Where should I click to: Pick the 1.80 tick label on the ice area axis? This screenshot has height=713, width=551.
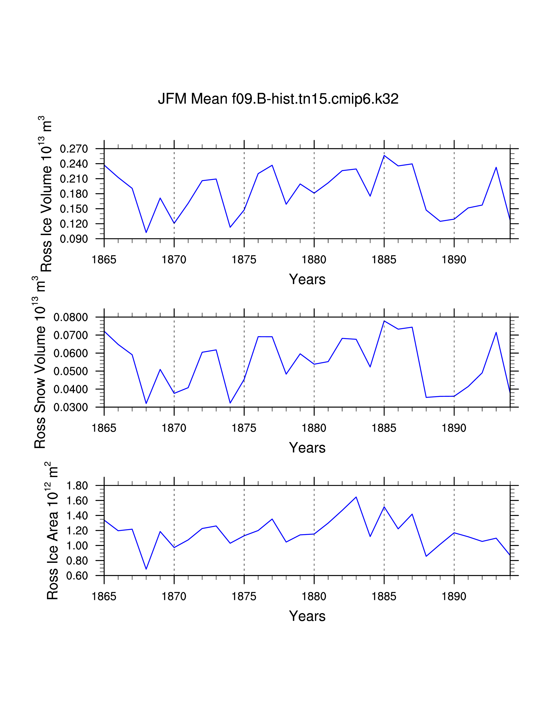77,485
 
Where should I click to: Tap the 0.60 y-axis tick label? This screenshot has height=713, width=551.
77,576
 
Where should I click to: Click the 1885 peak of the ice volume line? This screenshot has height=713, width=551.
384,155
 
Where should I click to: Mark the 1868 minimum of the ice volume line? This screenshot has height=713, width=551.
146,232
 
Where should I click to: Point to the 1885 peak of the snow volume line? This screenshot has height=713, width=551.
384,321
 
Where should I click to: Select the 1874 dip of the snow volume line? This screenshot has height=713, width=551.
230,403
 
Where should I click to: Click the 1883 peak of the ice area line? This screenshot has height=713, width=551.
356,497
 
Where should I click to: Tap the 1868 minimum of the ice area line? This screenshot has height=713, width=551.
146,569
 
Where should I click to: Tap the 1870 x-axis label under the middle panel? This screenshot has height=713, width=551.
174,428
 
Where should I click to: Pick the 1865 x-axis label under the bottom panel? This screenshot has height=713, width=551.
104,597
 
